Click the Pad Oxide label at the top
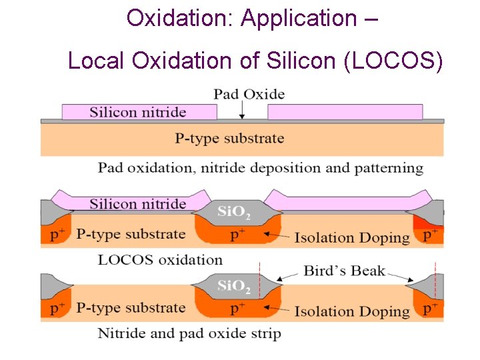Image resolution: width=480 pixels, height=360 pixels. pyautogui.click(x=249, y=94)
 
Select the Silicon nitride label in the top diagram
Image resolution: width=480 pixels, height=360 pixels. pyautogui.click(x=138, y=112)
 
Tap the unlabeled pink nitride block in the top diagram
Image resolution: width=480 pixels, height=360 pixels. pyautogui.click(x=345, y=112)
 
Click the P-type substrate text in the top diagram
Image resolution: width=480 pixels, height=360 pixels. pyautogui.click(x=229, y=139)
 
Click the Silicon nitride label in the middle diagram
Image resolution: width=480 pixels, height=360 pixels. pyautogui.click(x=138, y=204)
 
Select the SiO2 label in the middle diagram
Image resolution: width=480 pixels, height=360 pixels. pyautogui.click(x=234, y=213)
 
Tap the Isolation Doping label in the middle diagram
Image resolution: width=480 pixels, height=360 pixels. pyautogui.click(x=352, y=237)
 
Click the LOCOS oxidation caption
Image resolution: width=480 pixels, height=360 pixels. pyautogui.click(x=160, y=259)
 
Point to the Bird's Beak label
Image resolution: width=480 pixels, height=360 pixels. pyautogui.click(x=344, y=270)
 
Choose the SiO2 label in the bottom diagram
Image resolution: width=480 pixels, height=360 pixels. pyautogui.click(x=234, y=287)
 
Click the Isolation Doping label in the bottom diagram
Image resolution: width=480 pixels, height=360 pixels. pyautogui.click(x=352, y=311)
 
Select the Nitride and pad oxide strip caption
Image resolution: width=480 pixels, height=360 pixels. pyautogui.click(x=189, y=333)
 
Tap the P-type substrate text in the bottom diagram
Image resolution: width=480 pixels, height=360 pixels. pyautogui.click(x=131, y=308)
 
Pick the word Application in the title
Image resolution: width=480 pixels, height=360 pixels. pyautogui.click(x=299, y=18)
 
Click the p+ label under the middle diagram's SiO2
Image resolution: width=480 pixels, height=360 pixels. pyautogui.click(x=238, y=235)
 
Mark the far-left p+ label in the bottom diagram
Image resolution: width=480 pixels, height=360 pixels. pyautogui.click(x=58, y=309)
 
